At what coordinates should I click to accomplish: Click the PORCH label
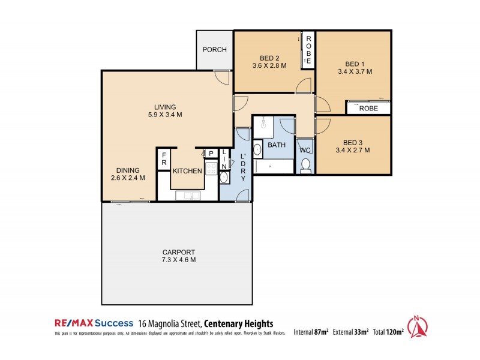tap(214, 50)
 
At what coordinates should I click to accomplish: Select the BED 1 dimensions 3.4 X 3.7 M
tap(355, 71)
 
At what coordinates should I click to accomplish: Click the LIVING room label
tap(164, 107)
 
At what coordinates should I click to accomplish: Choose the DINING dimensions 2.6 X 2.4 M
tap(128, 178)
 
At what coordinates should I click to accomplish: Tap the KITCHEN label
tap(187, 171)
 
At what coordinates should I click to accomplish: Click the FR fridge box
tap(163, 159)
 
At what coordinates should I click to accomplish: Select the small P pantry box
tap(211, 154)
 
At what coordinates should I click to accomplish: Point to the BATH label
tap(277, 145)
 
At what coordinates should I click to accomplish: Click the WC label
tap(305, 150)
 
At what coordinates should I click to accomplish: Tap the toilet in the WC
tap(305, 164)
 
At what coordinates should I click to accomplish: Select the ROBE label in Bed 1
tap(367, 108)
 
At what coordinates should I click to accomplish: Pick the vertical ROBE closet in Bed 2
tap(308, 49)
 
